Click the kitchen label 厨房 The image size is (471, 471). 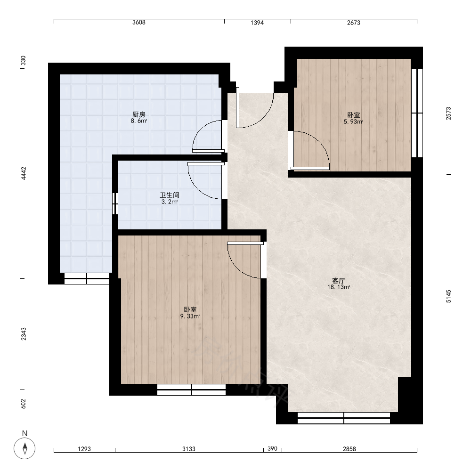pyautogui.click(x=139, y=114)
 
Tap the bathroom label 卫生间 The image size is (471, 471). pyautogui.click(x=170, y=195)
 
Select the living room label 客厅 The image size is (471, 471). pyautogui.click(x=339, y=281)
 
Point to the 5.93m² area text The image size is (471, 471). pyautogui.click(x=353, y=122)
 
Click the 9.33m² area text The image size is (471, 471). pyautogui.click(x=190, y=316)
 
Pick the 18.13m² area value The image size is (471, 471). pyautogui.click(x=339, y=287)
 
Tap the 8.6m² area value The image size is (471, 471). pyautogui.click(x=139, y=121)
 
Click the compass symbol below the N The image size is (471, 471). pyautogui.click(x=24, y=448)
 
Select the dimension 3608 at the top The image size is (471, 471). pyautogui.click(x=139, y=23)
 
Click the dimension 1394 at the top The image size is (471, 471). pyautogui.click(x=257, y=23)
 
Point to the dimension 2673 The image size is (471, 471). pyautogui.click(x=354, y=23)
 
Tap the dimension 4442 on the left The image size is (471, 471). pyautogui.click(x=24, y=173)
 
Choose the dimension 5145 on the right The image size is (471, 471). pyautogui.click(x=448, y=296)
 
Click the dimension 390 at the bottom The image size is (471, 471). pyautogui.click(x=272, y=448)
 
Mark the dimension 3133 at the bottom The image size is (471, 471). pyautogui.click(x=189, y=449)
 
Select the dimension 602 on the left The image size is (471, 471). pyautogui.click(x=24, y=404)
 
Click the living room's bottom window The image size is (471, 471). pyautogui.click(x=344, y=418)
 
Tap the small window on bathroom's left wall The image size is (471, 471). pyautogui.click(x=115, y=203)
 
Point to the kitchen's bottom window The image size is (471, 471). pyautogui.click(x=87, y=278)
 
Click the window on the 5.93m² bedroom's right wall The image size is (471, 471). pyautogui.click(x=417, y=113)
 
